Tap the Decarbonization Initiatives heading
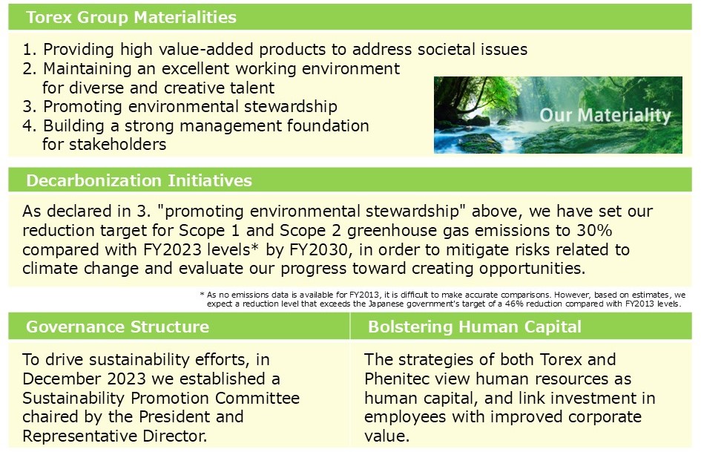(x=139, y=180)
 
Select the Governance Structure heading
(x=117, y=327)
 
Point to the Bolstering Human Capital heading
(x=475, y=327)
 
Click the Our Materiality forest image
(x=558, y=115)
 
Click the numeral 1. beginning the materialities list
(x=30, y=50)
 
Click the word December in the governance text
(x=63, y=379)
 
